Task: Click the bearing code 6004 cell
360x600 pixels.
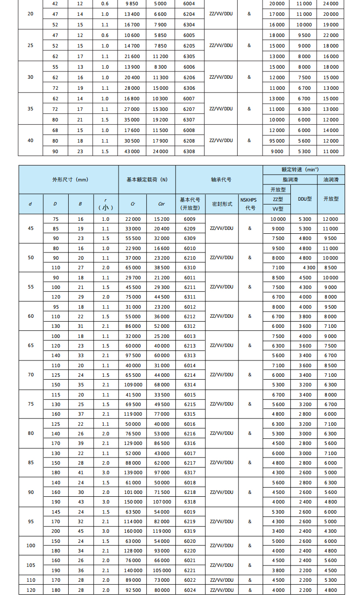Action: coord(189,3)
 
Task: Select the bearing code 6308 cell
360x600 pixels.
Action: coord(189,151)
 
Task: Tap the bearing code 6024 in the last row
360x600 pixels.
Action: coord(189,590)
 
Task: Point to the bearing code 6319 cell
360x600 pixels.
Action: coord(189,531)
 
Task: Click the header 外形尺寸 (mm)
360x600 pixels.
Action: coord(70,180)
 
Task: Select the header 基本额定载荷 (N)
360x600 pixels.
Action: coord(147,180)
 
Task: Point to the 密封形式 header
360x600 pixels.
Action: coord(222,204)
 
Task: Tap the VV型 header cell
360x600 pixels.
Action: coord(278,209)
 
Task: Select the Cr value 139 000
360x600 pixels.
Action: coord(132,473)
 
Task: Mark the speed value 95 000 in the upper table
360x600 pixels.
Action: coord(276,141)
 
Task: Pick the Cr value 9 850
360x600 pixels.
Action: coord(132,3)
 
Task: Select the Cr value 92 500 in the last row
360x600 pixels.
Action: coord(132,590)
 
